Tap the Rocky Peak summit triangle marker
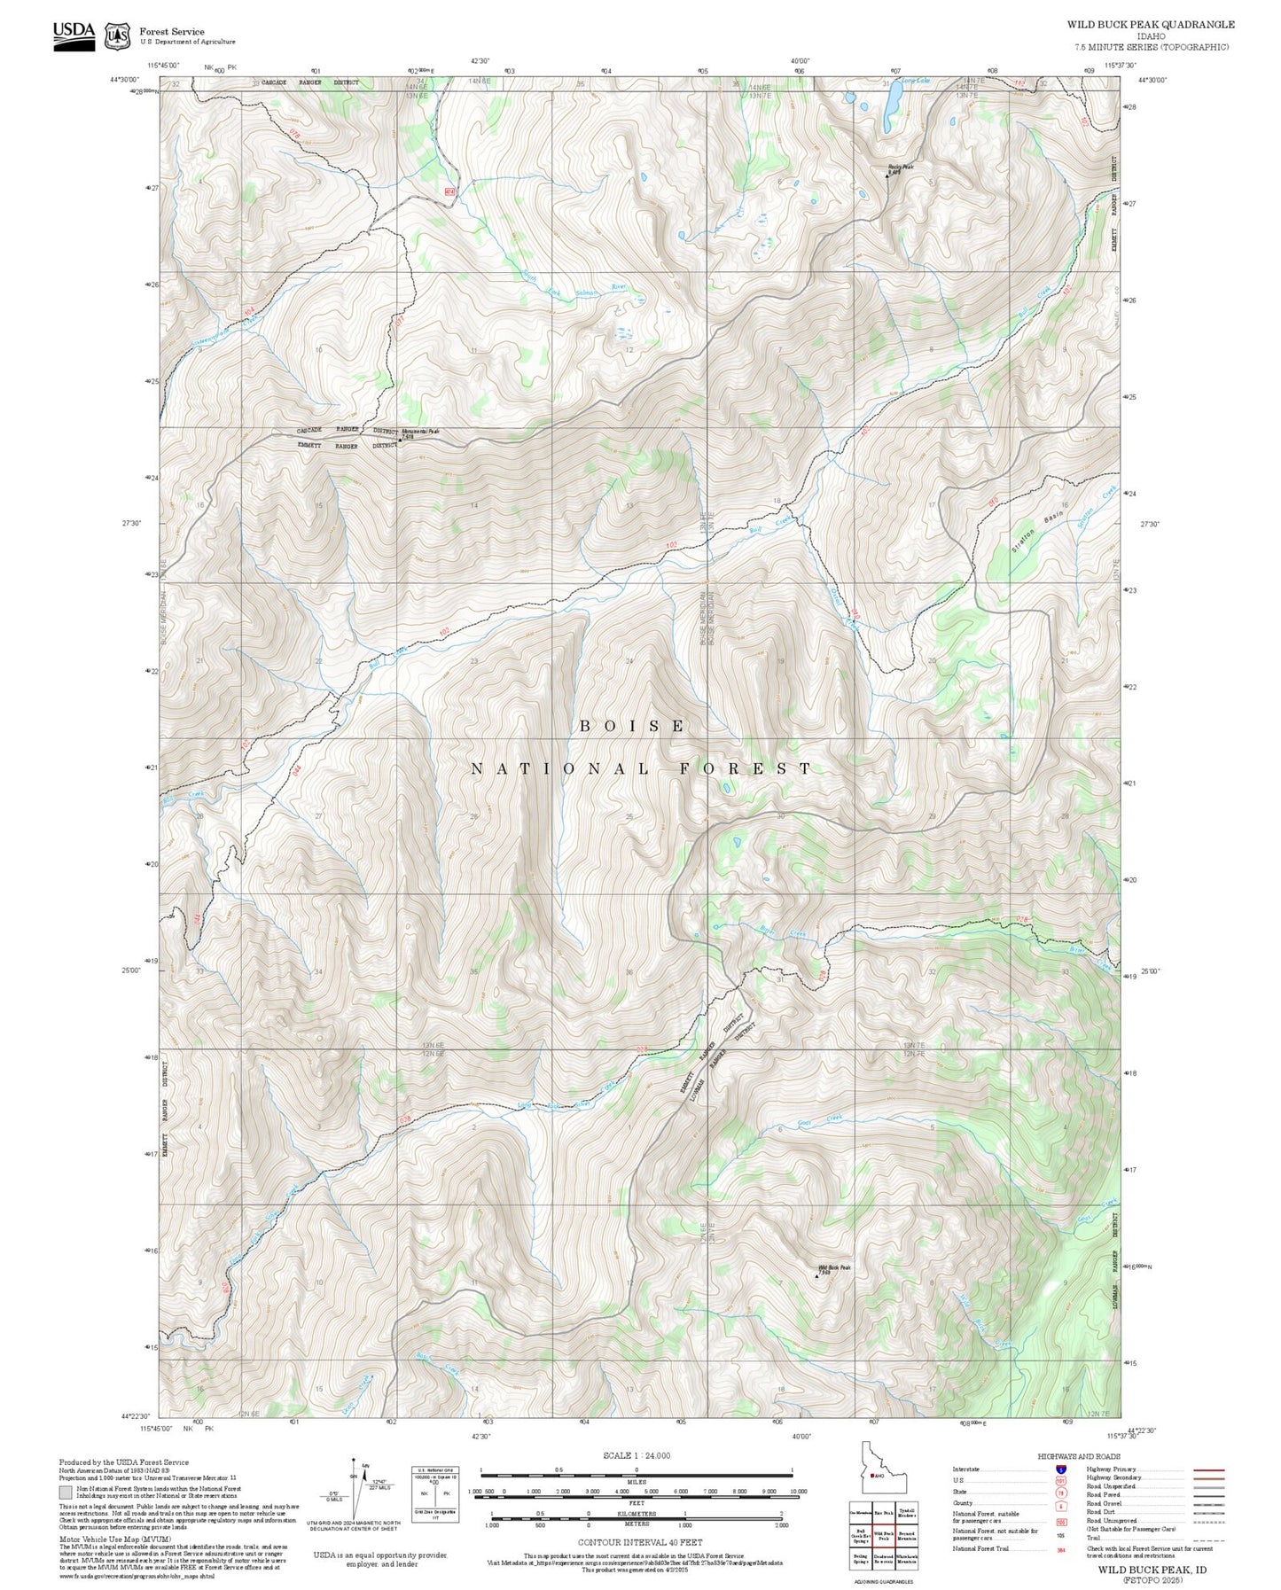(x=887, y=175)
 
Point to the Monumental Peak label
(x=420, y=432)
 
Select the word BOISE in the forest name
(x=632, y=726)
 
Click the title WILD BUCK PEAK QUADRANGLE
(x=1150, y=25)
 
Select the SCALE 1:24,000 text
(x=637, y=1456)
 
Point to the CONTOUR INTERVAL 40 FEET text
(x=636, y=1542)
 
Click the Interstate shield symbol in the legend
(x=1060, y=1469)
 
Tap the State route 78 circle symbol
(x=1060, y=1492)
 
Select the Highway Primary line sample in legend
(x=1208, y=1469)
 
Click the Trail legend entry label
(x=1094, y=1538)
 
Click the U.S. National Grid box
(x=435, y=1494)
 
